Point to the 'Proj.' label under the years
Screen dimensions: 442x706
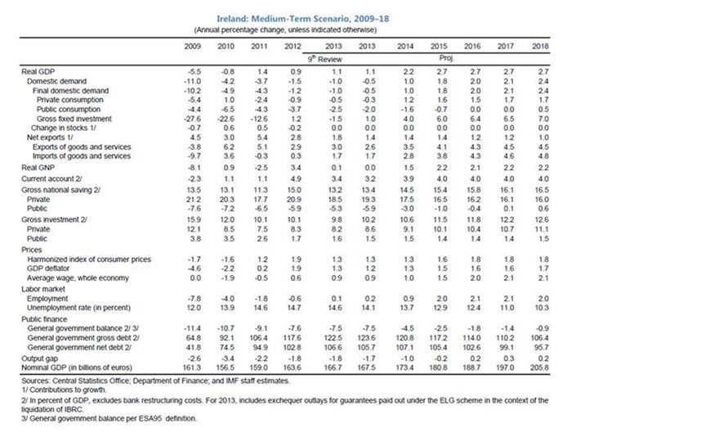(442, 60)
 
